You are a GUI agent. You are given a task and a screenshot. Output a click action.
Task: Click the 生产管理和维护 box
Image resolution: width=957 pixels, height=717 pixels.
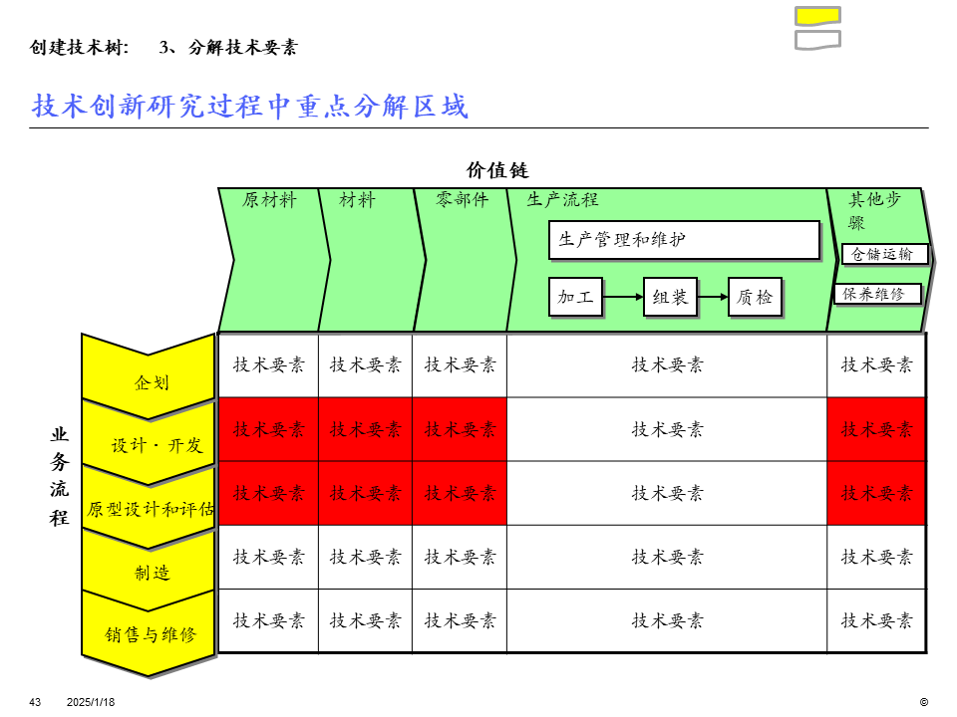(x=684, y=240)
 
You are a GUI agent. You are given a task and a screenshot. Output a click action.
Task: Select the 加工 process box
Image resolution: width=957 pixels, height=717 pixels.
(x=576, y=297)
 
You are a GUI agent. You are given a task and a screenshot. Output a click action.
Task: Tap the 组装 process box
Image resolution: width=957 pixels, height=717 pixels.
(x=670, y=297)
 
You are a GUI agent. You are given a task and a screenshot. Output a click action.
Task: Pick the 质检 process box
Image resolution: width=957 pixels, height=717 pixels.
(x=755, y=297)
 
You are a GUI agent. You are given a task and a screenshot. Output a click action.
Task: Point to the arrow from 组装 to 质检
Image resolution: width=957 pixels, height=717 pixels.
(x=712, y=297)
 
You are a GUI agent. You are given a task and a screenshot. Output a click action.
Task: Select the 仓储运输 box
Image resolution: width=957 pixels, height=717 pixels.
(x=884, y=254)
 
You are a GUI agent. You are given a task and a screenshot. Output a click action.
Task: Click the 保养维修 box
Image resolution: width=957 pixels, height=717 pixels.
(x=877, y=294)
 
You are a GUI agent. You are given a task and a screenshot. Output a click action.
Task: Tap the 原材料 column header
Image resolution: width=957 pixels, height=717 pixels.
(x=269, y=200)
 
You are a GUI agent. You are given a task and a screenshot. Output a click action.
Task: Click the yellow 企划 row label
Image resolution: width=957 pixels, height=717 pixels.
(x=152, y=381)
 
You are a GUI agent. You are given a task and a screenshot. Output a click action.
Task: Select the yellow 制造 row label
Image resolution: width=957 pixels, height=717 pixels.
(x=152, y=573)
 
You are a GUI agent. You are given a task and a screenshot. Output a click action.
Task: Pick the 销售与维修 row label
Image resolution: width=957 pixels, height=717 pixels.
(x=152, y=634)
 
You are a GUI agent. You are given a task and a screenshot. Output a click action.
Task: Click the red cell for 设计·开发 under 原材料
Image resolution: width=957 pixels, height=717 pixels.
(x=268, y=429)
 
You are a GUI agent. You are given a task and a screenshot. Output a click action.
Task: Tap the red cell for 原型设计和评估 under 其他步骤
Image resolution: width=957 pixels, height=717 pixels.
(x=876, y=493)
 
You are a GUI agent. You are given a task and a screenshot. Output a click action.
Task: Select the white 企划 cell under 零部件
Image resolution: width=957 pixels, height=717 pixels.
(x=460, y=365)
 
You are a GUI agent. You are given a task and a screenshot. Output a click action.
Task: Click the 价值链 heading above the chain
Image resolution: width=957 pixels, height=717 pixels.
(x=497, y=170)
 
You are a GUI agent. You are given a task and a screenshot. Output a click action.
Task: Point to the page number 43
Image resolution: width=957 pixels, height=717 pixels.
(x=36, y=702)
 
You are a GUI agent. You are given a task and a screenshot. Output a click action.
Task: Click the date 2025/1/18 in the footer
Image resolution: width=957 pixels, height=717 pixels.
(x=91, y=702)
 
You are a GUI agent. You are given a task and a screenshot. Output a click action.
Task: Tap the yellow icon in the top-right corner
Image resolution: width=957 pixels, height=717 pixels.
(x=817, y=15)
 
